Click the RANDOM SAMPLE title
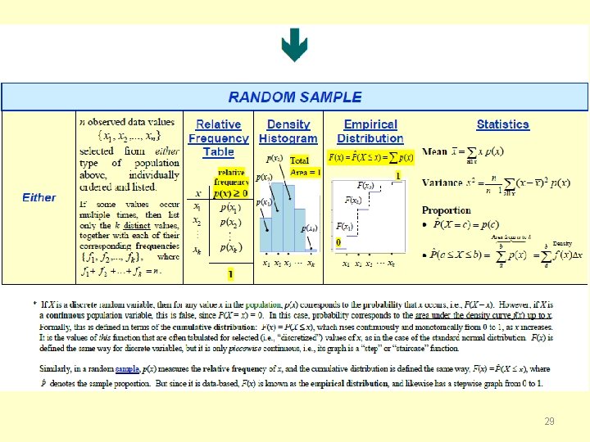(295, 97)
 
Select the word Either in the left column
(39, 197)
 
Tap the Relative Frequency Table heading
(218, 138)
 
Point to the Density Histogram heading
(288, 131)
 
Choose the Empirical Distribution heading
(370, 131)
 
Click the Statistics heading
(502, 124)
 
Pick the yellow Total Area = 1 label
(306, 166)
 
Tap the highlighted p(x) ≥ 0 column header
(233, 193)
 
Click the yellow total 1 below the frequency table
(230, 273)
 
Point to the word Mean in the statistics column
(434, 152)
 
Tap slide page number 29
(549, 421)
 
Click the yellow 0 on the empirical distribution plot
(338, 242)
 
